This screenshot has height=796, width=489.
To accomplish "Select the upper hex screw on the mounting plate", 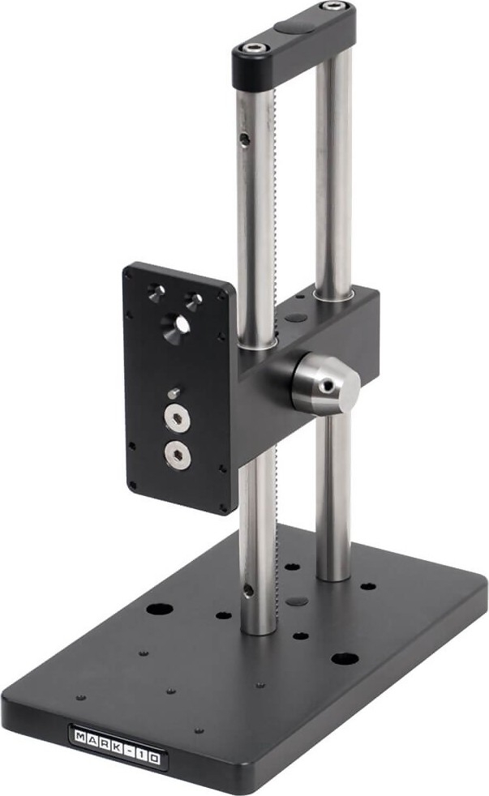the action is click(x=177, y=419).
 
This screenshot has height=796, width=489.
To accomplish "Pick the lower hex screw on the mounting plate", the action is click(x=178, y=453).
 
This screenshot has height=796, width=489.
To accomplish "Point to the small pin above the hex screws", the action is click(x=174, y=392).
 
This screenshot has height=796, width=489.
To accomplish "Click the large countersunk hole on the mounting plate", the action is click(x=176, y=325).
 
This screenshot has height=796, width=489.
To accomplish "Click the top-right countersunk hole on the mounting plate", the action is click(x=194, y=300).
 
